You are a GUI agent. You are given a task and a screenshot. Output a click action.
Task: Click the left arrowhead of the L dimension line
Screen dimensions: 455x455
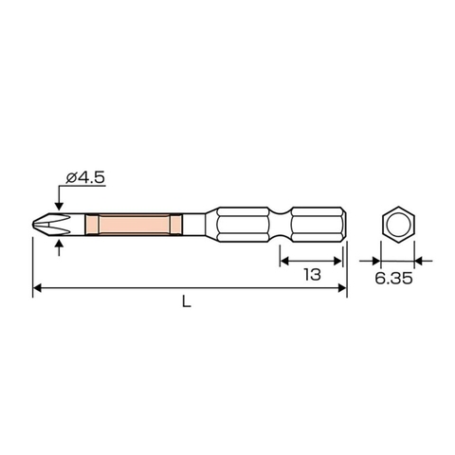pyautogui.click(x=39, y=286)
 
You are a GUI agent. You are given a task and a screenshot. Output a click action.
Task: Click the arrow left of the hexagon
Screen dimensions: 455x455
pyautogui.click(x=374, y=257)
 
